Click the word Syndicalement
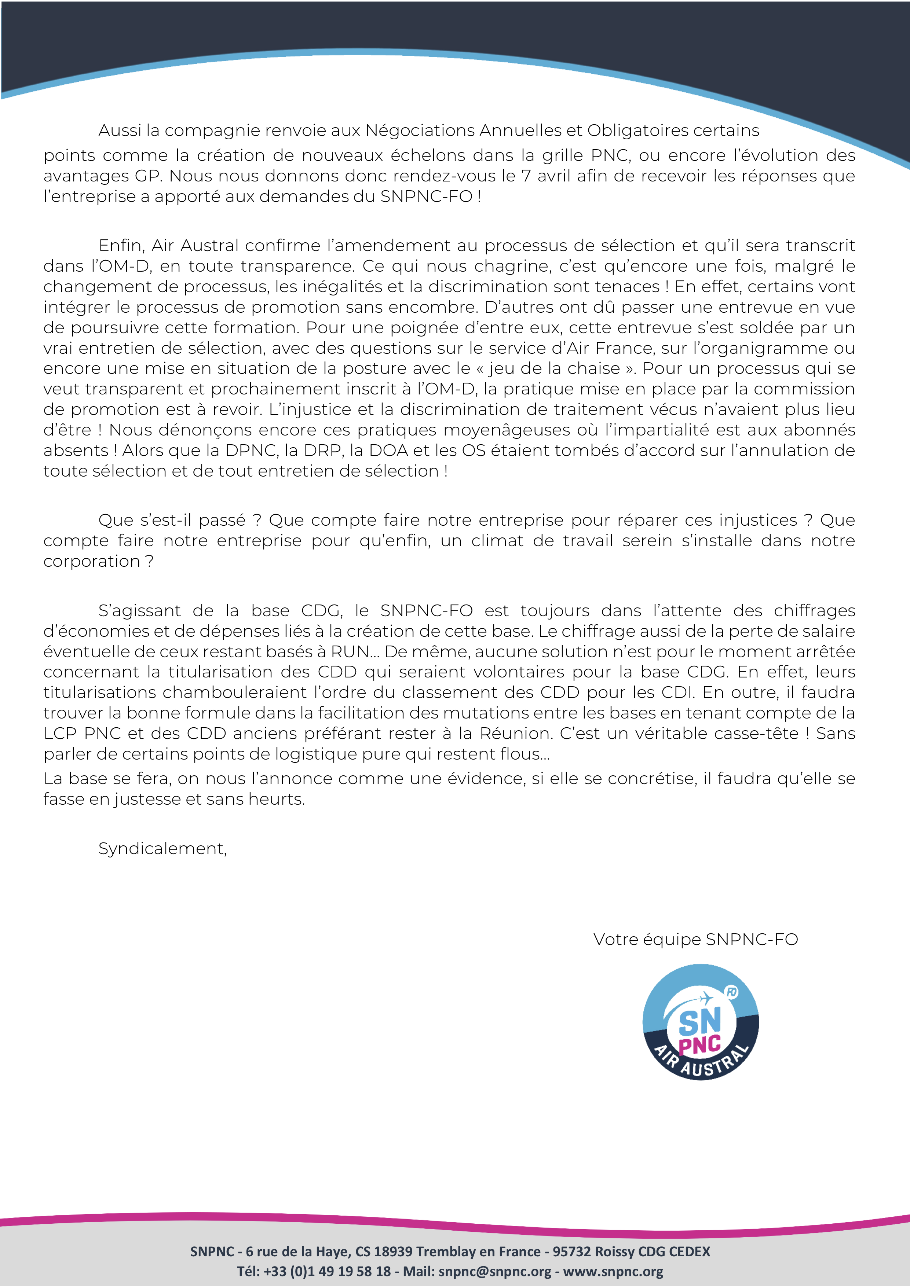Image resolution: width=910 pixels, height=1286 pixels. (x=162, y=849)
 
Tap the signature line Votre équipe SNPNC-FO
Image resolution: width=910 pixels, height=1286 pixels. (x=695, y=939)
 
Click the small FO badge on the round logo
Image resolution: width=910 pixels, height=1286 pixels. (x=732, y=992)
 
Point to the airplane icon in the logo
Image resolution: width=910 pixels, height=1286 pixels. (x=705, y=999)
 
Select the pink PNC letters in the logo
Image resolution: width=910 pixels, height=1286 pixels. (x=699, y=1044)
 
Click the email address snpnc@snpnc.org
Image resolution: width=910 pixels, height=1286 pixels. (x=495, y=1271)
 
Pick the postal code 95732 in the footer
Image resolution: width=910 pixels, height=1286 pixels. (x=571, y=1251)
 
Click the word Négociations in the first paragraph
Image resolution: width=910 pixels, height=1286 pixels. (x=420, y=131)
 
